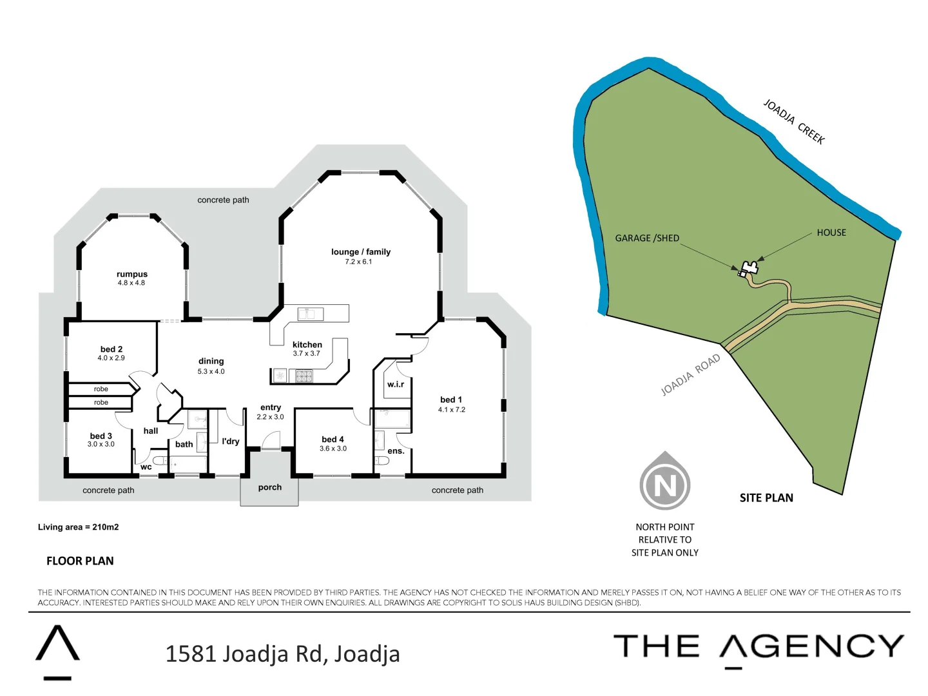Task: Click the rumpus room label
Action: click(x=132, y=275)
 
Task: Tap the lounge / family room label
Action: click(x=361, y=252)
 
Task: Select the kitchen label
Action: click(x=307, y=345)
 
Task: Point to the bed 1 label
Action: click(x=451, y=400)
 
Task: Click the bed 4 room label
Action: click(x=333, y=440)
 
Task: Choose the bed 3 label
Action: click(x=101, y=436)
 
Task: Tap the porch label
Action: click(x=270, y=487)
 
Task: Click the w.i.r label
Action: click(x=396, y=385)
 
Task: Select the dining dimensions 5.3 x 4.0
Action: click(x=211, y=371)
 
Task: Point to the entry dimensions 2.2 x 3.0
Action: click(x=270, y=417)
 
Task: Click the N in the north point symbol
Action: click(x=665, y=485)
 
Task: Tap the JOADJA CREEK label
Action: click(x=794, y=121)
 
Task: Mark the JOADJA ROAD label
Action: click(x=690, y=375)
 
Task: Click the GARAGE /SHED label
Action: click(x=647, y=238)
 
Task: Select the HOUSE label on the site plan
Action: click(x=831, y=233)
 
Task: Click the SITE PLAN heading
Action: click(x=766, y=498)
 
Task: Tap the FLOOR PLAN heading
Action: click(x=80, y=561)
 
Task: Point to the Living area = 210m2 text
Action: click(x=78, y=527)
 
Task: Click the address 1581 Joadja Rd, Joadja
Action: click(x=282, y=654)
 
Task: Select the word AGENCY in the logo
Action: click(x=812, y=647)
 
